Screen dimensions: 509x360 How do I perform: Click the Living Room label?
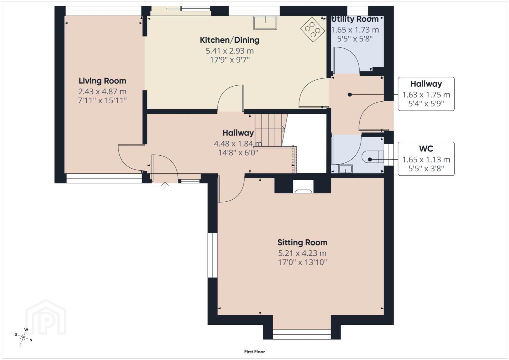(102, 81)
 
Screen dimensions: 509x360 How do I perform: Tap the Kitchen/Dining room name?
(229, 40)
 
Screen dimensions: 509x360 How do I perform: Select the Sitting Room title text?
(302, 243)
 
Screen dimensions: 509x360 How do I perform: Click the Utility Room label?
(355, 19)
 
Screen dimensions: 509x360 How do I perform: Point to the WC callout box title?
(426, 149)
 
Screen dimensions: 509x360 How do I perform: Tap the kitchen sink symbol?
(265, 23)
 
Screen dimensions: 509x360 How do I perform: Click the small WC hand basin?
(345, 169)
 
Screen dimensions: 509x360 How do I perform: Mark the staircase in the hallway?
(271, 130)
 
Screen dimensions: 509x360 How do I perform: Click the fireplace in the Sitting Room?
(303, 186)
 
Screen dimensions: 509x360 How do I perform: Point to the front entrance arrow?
(165, 185)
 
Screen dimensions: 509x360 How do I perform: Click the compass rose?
(23, 337)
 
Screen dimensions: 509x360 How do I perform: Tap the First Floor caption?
(255, 352)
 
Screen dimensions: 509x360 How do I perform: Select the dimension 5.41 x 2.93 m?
(229, 51)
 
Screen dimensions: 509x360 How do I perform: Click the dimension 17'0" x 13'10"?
(302, 263)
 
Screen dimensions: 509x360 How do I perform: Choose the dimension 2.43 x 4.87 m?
(102, 92)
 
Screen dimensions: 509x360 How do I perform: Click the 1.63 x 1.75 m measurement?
(426, 95)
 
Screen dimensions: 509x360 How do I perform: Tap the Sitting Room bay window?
(302, 334)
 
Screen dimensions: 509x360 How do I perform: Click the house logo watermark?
(46, 317)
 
